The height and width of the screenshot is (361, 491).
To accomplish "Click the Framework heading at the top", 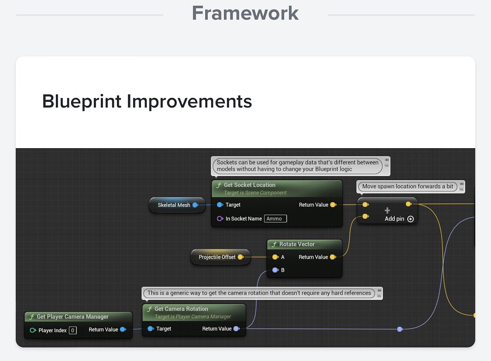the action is point(245,13).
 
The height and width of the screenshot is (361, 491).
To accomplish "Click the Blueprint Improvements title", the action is point(147,101).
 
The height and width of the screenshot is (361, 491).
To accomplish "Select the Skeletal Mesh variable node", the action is point(177,205).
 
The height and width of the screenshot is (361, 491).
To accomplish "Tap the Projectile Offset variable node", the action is point(220,257).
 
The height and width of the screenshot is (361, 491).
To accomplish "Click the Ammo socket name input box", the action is point(275,219).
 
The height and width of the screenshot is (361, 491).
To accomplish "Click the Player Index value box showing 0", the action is point(72,330).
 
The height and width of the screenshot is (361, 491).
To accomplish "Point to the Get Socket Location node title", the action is point(250,185).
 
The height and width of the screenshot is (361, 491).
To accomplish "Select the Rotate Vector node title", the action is point(297,244).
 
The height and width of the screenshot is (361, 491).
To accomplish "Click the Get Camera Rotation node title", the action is point(181,309).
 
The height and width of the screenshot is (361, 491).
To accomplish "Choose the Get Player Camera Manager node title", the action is point(72,317).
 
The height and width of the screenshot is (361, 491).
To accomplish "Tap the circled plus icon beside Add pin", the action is point(411,219).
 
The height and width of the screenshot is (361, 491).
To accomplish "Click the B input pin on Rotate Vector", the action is point(275,270).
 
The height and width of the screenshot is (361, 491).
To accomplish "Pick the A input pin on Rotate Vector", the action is point(275,257).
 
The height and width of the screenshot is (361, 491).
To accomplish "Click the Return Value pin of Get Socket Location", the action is point(333,205).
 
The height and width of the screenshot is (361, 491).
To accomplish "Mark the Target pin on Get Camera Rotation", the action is point(151,329).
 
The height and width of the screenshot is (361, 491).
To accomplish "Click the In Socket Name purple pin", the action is point(220,219).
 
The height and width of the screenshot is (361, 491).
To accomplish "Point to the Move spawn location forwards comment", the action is point(407,187).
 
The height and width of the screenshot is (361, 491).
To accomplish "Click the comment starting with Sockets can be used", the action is point(298,166).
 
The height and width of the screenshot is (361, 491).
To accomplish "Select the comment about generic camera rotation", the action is point(259,293).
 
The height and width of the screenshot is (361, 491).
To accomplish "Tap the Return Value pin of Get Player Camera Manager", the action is point(123,330).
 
